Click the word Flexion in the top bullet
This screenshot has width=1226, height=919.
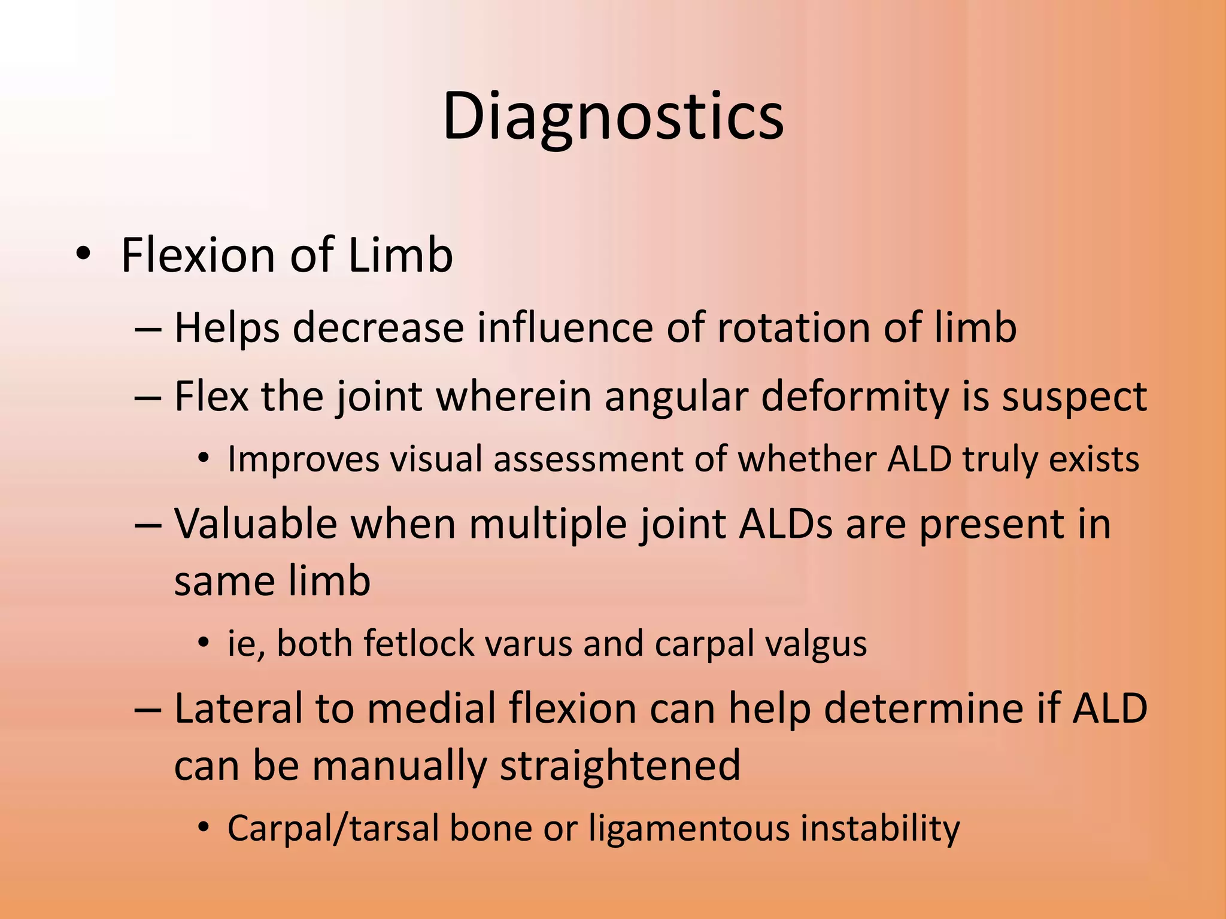[x=198, y=255]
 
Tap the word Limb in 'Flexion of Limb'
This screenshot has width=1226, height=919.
[x=400, y=255]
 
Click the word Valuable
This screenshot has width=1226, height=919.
[x=256, y=524]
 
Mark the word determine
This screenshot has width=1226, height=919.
[x=917, y=708]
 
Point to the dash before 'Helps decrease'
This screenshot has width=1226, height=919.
[x=148, y=329]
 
